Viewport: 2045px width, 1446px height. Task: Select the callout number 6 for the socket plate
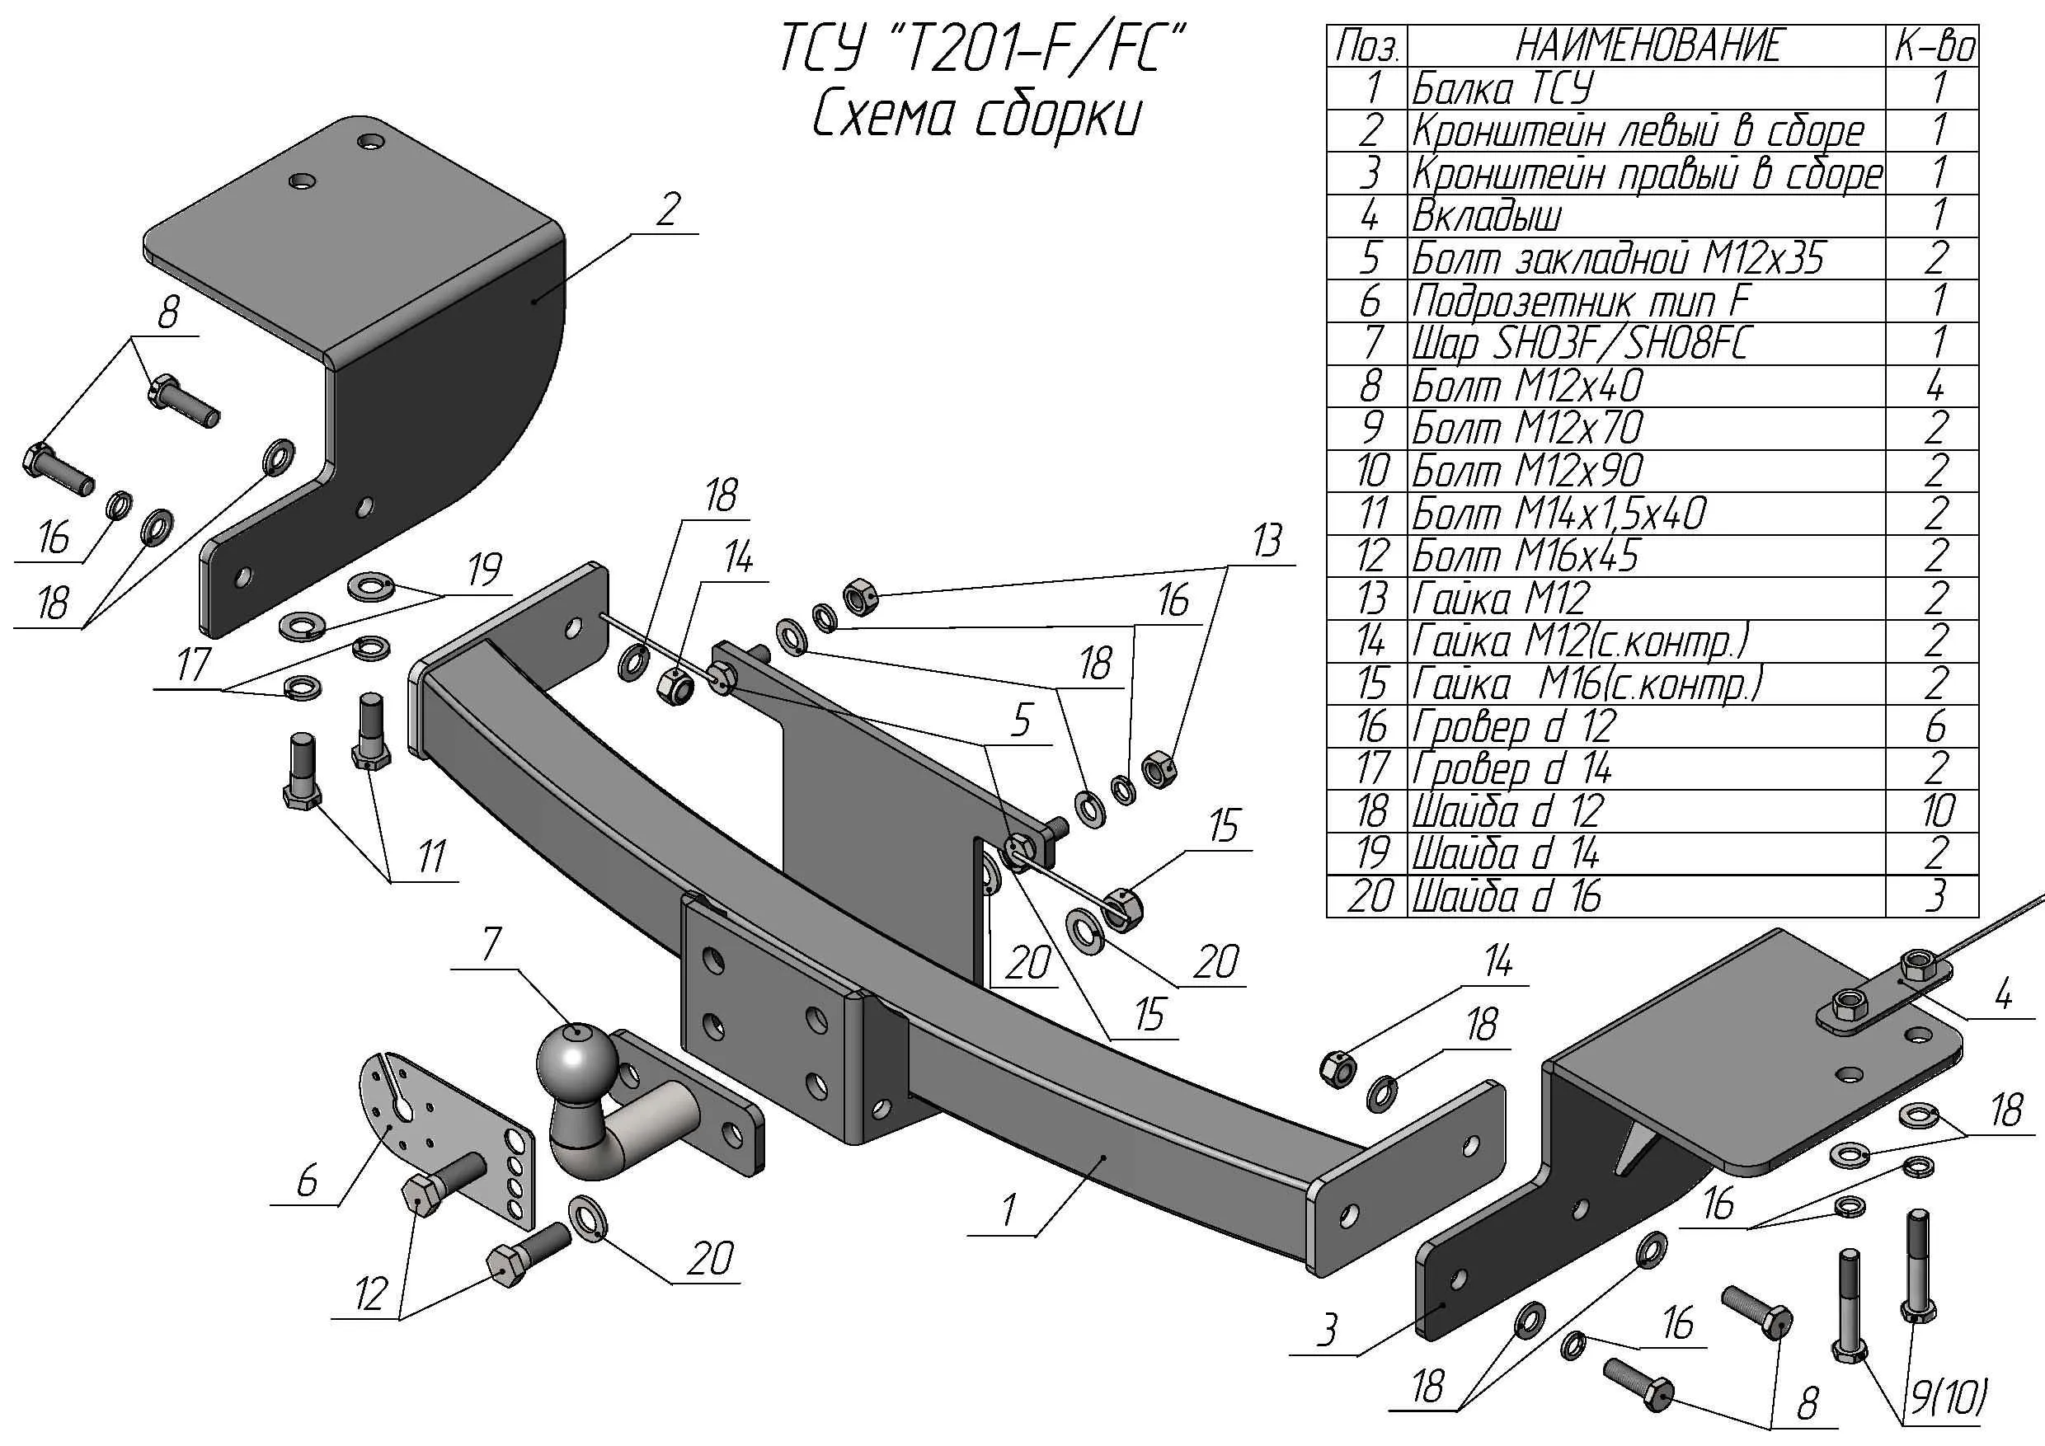[x=307, y=1181]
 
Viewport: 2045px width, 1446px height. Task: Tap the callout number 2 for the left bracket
[x=667, y=210]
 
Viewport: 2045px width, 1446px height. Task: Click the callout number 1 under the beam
[x=1008, y=1210]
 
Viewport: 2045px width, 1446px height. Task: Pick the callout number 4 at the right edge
[x=2003, y=993]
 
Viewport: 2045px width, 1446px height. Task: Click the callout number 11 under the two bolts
[x=431, y=857]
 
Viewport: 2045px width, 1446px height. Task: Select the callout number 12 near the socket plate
[x=371, y=1293]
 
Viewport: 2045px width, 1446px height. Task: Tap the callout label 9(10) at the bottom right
[x=1949, y=1398]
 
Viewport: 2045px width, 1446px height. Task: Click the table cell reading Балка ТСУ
[x=1502, y=89]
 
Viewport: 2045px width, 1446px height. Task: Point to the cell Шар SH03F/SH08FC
[x=1580, y=344]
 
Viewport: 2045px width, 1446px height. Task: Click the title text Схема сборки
[x=977, y=115]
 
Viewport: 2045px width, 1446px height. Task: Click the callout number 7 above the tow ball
[x=491, y=945]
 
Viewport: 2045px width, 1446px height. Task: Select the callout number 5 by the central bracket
[x=1021, y=720]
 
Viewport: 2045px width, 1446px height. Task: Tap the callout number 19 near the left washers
[x=485, y=569]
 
